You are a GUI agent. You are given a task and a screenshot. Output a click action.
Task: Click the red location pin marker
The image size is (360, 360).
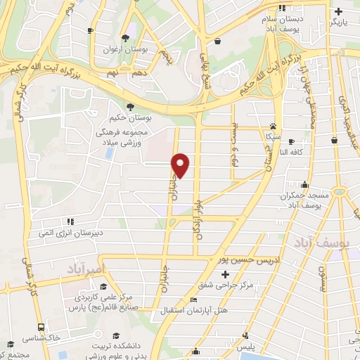(181, 165)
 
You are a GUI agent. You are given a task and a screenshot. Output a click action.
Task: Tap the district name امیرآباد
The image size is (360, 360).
(86, 269)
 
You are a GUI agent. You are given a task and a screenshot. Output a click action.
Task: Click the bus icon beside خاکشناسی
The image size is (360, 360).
(41, 328)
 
